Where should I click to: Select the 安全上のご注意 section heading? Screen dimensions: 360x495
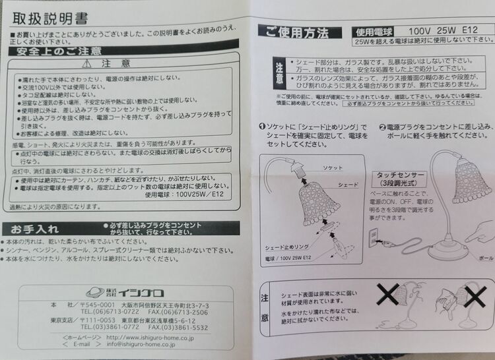tap(55, 51)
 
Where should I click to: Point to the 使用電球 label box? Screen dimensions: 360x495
tap(374, 31)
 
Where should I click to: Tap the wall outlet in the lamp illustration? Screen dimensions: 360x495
tap(374, 235)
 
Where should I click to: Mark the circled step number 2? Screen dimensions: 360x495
tap(383, 126)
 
